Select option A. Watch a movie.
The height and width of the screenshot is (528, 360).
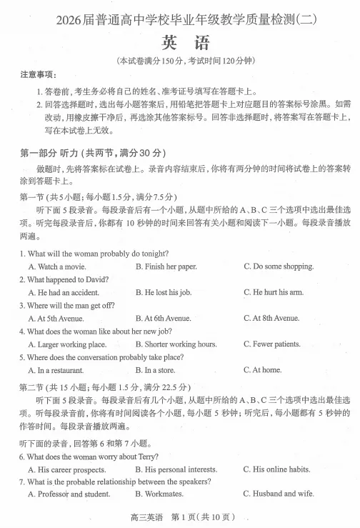[x=56, y=267]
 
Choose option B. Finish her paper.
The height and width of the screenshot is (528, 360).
[x=166, y=267]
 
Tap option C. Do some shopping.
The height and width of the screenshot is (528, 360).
[x=278, y=267]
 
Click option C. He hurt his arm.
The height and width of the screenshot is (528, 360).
[x=273, y=292]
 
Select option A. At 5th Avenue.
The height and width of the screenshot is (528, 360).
[x=56, y=318]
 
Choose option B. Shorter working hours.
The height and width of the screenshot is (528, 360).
[x=176, y=344]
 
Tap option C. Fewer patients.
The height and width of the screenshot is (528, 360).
[x=271, y=344]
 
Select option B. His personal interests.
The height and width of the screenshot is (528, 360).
[x=176, y=469]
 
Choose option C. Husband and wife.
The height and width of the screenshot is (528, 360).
[x=278, y=494]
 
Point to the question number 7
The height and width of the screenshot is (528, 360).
[x=22, y=482]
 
